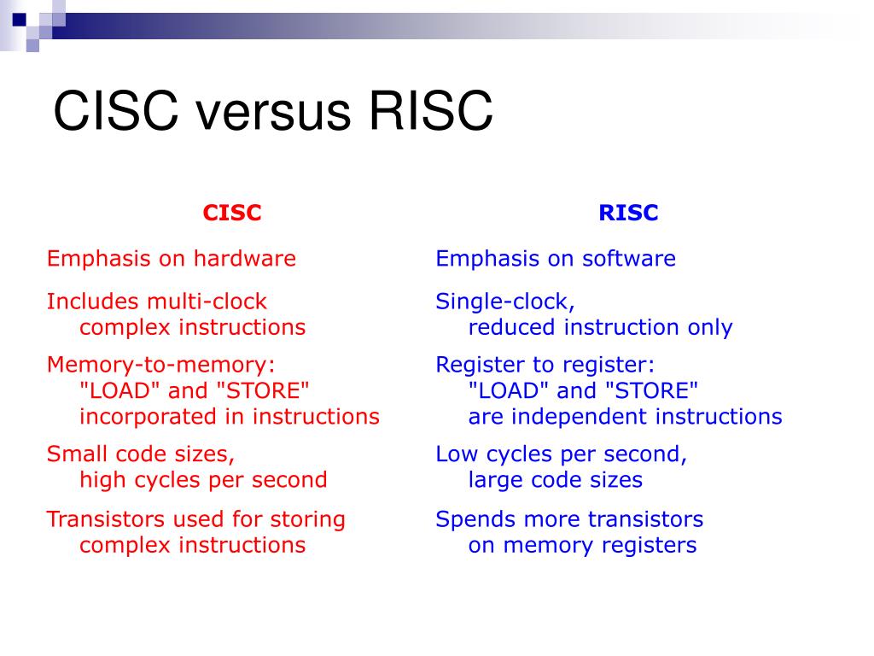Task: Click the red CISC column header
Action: point(232,213)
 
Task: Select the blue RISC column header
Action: point(628,213)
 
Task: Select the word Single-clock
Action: point(505,302)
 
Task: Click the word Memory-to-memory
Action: point(161,366)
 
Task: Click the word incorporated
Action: point(148,417)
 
